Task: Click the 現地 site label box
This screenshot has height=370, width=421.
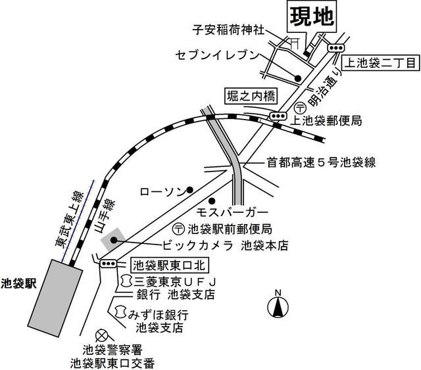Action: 311,16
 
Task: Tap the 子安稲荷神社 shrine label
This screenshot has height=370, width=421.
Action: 229,30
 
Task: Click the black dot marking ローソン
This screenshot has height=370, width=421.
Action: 190,191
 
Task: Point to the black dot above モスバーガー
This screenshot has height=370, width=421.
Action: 212,200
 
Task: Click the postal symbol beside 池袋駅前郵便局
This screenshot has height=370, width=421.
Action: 178,229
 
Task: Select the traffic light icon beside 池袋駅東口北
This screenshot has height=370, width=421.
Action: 108,264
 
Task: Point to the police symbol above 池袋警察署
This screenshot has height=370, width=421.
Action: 101,336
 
